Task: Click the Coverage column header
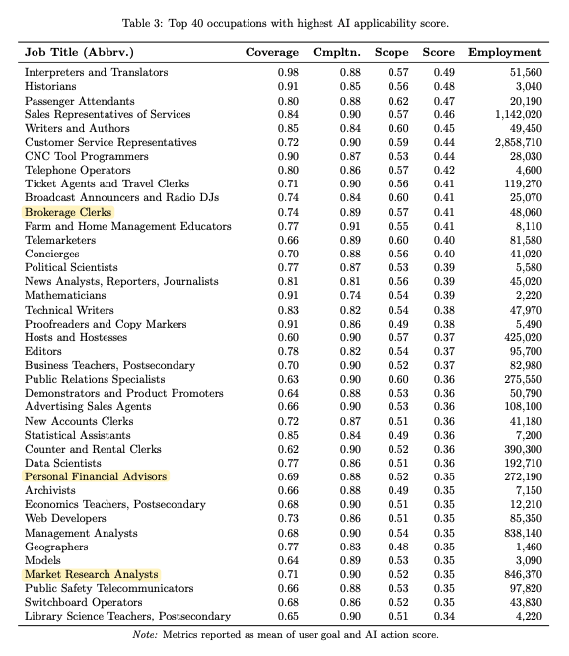click(x=271, y=51)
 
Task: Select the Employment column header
click(x=506, y=51)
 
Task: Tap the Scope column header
click(x=391, y=51)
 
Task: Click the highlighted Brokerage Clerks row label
click(x=69, y=212)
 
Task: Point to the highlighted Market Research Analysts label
click(x=91, y=574)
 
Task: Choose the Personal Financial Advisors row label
click(x=96, y=476)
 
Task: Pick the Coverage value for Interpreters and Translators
click(x=288, y=73)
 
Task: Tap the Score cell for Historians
click(x=443, y=87)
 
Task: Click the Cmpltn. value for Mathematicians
click(x=350, y=296)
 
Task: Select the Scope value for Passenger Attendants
click(x=398, y=101)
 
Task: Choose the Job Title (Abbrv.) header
click(x=78, y=51)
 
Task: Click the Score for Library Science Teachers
click(x=443, y=617)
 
